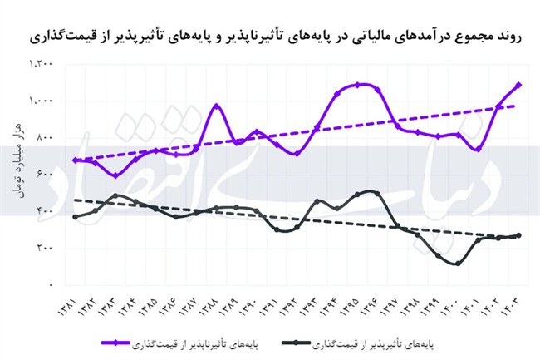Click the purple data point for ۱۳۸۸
pos(216,106)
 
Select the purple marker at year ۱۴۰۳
pos(518,85)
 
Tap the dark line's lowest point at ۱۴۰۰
pos(458,264)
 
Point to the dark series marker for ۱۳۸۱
pos(75,217)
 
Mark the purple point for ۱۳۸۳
pos(115,175)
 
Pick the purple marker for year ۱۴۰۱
pos(478,149)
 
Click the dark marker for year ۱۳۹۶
pos(377,194)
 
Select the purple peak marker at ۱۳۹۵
pos(357,85)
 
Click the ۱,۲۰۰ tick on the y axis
pos(39,64)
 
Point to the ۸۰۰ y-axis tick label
pos(42,137)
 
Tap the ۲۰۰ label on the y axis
pos(42,248)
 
